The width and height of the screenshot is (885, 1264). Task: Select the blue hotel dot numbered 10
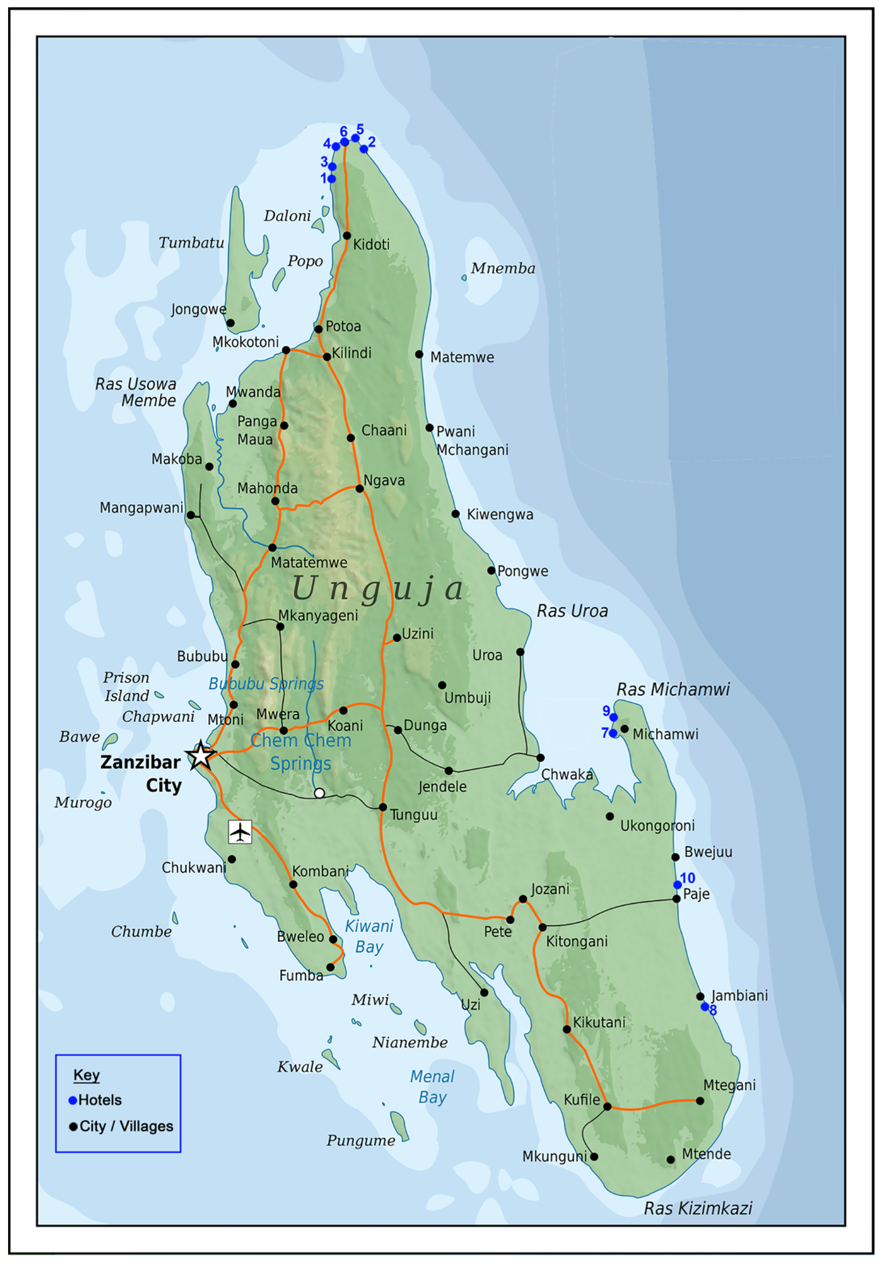pyautogui.click(x=677, y=885)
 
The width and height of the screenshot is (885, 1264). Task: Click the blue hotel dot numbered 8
pyautogui.click(x=704, y=1006)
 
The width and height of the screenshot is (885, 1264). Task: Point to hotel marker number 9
pyautogui.click(x=613, y=717)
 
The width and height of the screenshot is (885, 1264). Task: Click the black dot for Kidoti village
pyautogui.click(x=347, y=236)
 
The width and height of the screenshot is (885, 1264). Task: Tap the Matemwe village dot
pyautogui.click(x=419, y=354)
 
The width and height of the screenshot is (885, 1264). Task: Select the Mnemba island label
pyautogui.click(x=502, y=268)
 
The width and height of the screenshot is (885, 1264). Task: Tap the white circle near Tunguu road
pyautogui.click(x=319, y=793)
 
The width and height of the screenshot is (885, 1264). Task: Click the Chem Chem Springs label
pyautogui.click(x=301, y=752)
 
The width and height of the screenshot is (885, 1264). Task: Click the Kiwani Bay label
pyautogui.click(x=369, y=936)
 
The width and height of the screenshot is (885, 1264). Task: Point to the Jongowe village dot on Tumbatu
pyautogui.click(x=231, y=323)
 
